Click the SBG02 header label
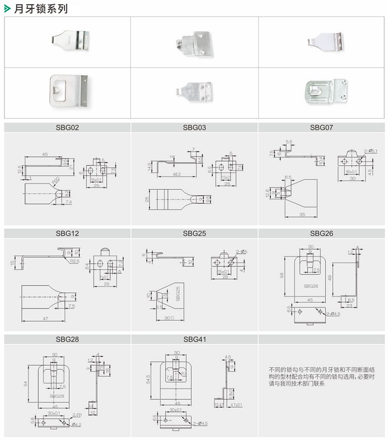coord(68,128)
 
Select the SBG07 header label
coord(322,128)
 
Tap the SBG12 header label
coord(68,233)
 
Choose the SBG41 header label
coord(195,339)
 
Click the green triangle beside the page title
coord(7,8)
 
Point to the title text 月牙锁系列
coord(41,8)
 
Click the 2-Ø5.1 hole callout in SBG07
coord(371,150)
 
